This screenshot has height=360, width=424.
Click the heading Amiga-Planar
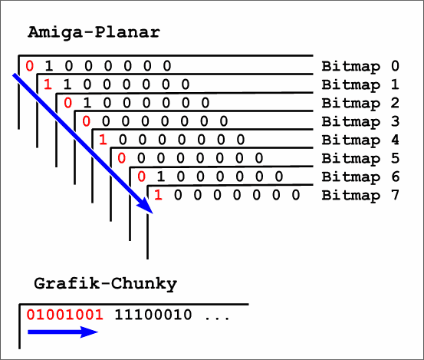pos(94,33)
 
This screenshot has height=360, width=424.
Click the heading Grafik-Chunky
pos(106,284)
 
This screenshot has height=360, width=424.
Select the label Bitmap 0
pos(360,66)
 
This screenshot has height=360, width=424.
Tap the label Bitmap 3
pos(360,121)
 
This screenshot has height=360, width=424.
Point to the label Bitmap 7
pos(360,195)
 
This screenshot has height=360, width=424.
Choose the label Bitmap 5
pos(360,158)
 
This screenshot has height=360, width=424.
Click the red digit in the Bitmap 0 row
pos(29,66)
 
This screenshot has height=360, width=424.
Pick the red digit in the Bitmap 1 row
pos(48,84)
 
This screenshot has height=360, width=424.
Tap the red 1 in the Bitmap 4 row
pos(103,140)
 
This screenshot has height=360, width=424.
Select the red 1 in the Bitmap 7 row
pos(158,195)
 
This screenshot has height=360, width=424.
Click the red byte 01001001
pos(65,315)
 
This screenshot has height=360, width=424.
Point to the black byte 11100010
pos(153,315)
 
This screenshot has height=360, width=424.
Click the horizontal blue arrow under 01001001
pos(63,332)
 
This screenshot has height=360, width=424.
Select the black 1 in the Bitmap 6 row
pos(161,177)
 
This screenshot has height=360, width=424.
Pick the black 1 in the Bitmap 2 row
pos(87,103)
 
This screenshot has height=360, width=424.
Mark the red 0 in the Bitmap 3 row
pos(87,121)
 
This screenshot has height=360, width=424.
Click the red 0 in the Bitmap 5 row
pos(121,158)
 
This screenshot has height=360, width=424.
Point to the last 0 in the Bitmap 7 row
pos(296,195)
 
